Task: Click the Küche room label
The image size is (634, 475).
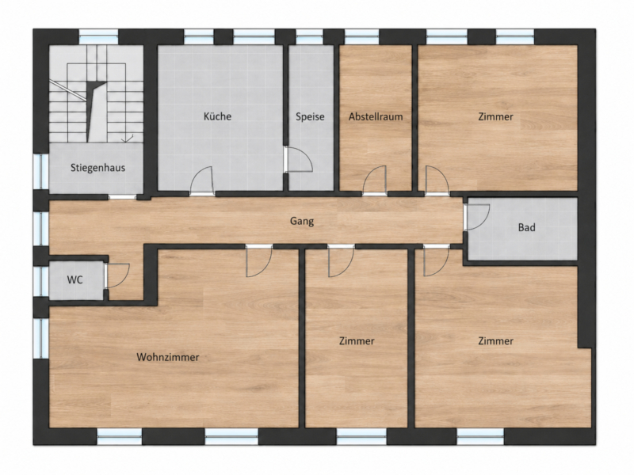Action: pyautogui.click(x=217, y=116)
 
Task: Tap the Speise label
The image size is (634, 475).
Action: pyautogui.click(x=310, y=116)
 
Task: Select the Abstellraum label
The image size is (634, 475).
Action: pyautogui.click(x=376, y=116)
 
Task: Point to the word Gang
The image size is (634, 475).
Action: pyautogui.click(x=302, y=222)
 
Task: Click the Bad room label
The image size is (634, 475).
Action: pyautogui.click(x=526, y=227)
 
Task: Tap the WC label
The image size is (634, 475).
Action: pyautogui.click(x=74, y=279)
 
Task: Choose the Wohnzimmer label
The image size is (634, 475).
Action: pyautogui.click(x=168, y=357)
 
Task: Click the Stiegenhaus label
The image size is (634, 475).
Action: pyautogui.click(x=97, y=168)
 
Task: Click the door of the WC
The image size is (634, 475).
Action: pyautogui.click(x=117, y=275)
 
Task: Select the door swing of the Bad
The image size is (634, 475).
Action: pyautogui.click(x=477, y=217)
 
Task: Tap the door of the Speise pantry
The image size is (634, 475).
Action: pyautogui.click(x=299, y=160)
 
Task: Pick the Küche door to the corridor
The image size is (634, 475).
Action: pyautogui.click(x=202, y=181)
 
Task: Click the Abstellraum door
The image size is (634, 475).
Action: pyautogui.click(x=375, y=180)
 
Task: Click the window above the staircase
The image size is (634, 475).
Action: pyautogui.click(x=98, y=36)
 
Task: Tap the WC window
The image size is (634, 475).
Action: pyautogui.click(x=41, y=281)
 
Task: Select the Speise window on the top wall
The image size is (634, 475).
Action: pyautogui.click(x=309, y=36)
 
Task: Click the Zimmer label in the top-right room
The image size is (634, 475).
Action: pyautogui.click(x=496, y=116)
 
